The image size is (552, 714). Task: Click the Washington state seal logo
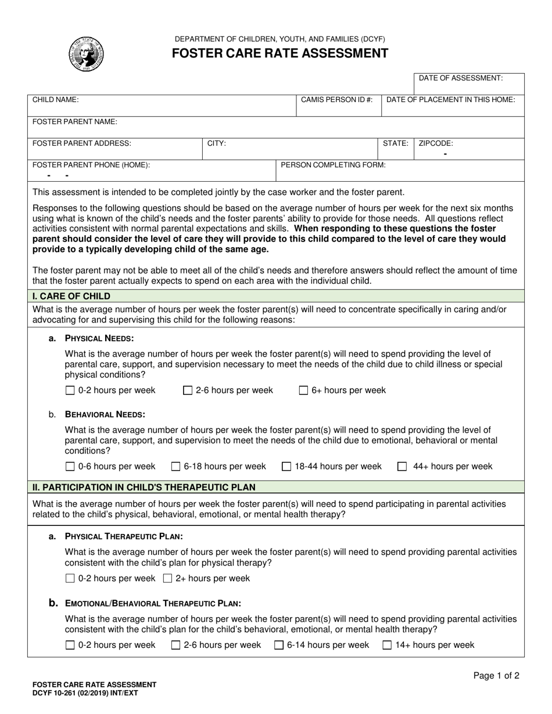point(86,54)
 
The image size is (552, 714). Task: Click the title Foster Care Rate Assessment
point(279,53)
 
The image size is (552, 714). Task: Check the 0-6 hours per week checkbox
point(70,466)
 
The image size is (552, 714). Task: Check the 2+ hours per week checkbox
point(168,578)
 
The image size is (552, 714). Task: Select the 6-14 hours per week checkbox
point(279,644)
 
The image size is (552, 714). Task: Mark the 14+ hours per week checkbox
point(387,644)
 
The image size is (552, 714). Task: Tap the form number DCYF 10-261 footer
point(85,693)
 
